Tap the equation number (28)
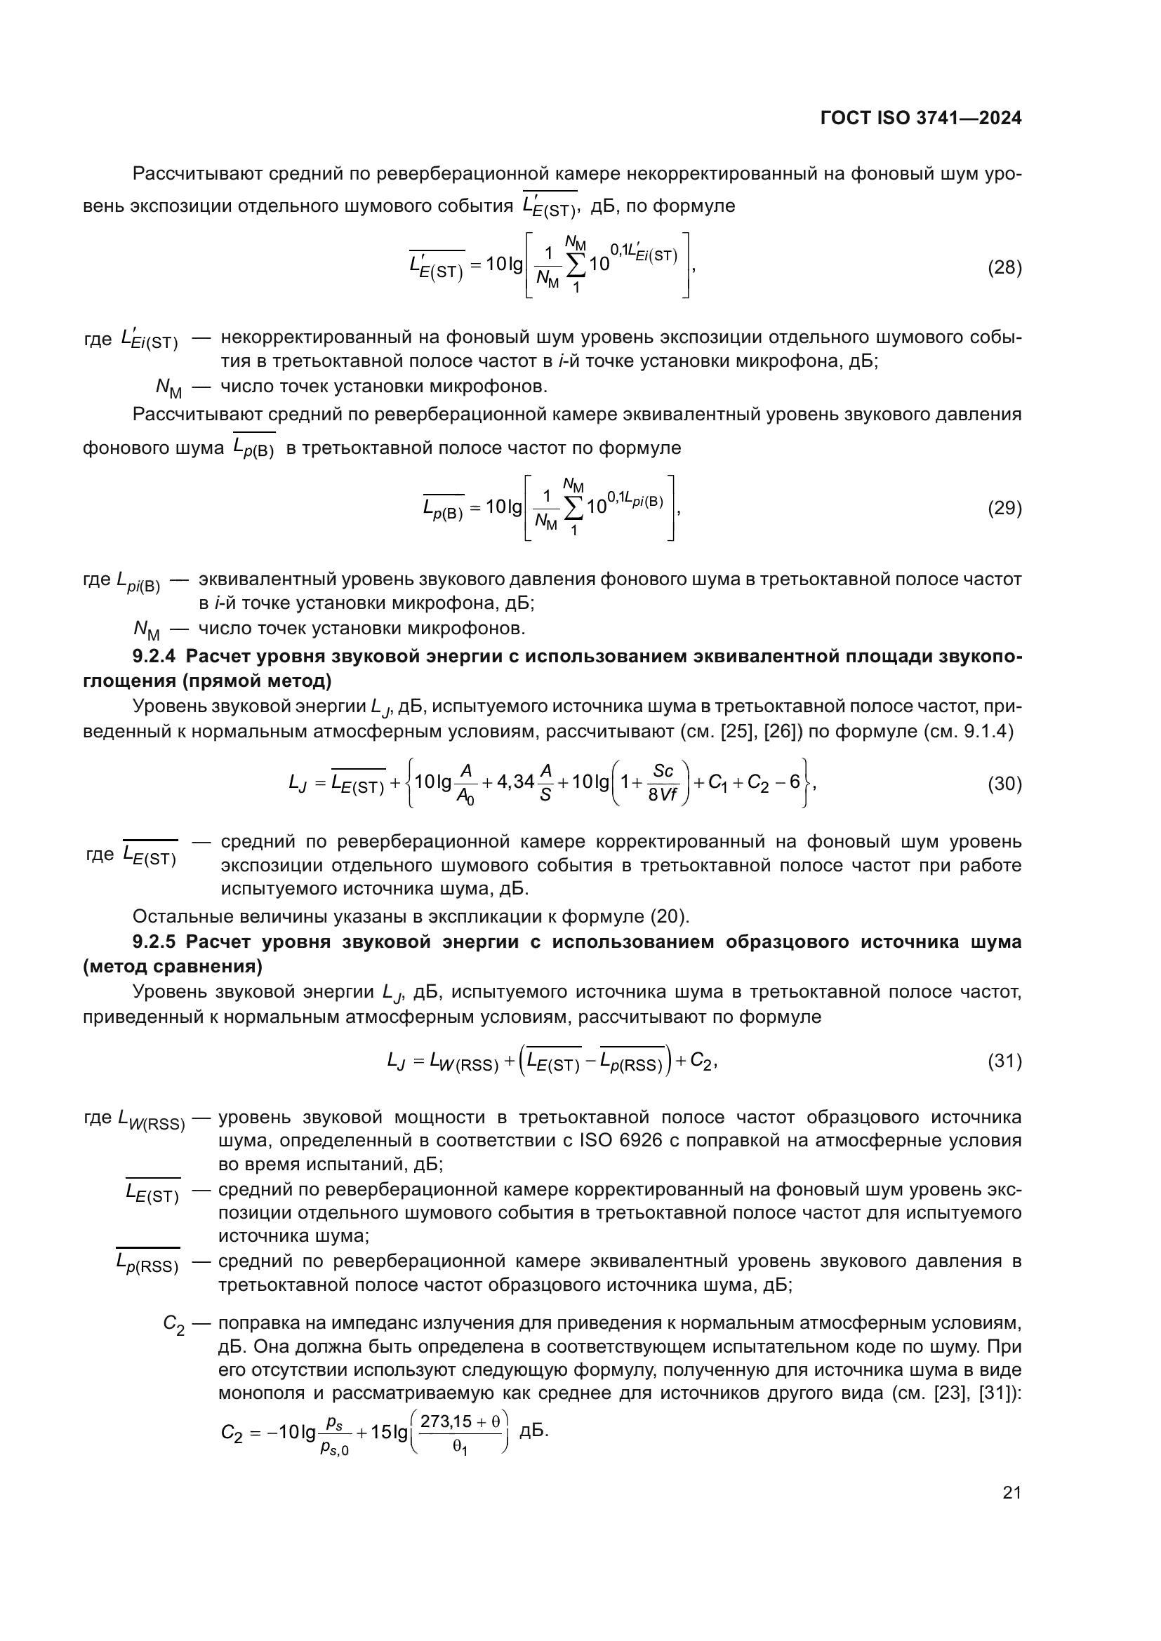pos(1004,268)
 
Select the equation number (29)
pos(1004,508)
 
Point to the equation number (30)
pos(1004,784)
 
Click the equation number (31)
pos(1004,1061)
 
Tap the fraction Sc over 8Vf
pos(663,783)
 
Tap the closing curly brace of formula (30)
pos(807,783)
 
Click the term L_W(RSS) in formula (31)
pos(464,1063)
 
